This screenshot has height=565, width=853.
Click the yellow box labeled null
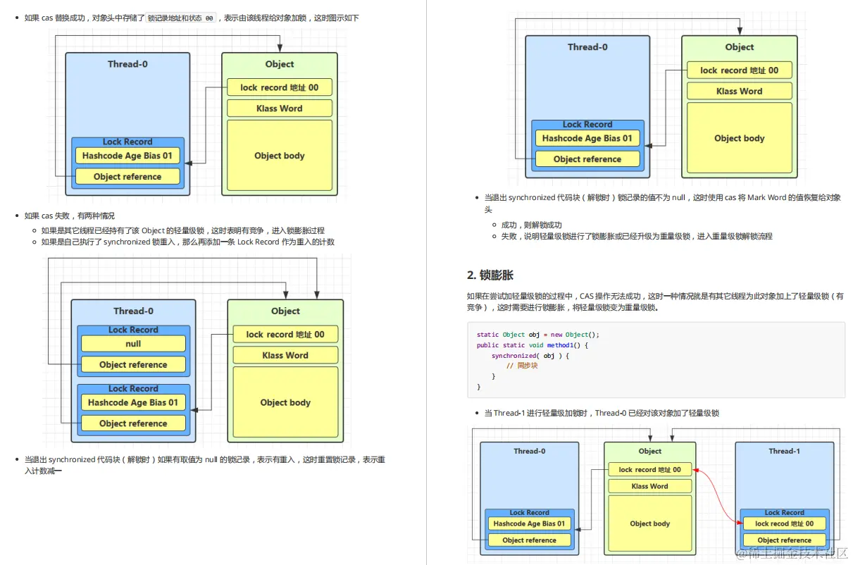[x=133, y=344]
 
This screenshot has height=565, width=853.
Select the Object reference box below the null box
[x=133, y=365]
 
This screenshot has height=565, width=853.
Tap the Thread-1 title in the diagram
[x=784, y=451]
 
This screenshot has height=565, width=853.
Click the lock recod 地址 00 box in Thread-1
[x=784, y=523]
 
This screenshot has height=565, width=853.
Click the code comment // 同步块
[x=522, y=366]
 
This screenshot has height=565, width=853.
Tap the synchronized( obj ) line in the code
[x=530, y=356]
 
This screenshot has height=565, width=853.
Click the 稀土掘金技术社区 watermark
[x=792, y=554]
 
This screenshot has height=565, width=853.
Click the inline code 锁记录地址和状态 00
[x=181, y=18]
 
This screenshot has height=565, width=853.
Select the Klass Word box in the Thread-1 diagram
[x=649, y=486]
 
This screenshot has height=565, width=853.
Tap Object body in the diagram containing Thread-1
[x=649, y=523]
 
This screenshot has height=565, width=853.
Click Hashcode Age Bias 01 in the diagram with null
[x=133, y=403]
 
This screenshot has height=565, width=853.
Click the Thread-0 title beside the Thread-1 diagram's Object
[x=529, y=451]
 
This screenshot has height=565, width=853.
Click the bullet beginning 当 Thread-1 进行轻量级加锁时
[x=602, y=413]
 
